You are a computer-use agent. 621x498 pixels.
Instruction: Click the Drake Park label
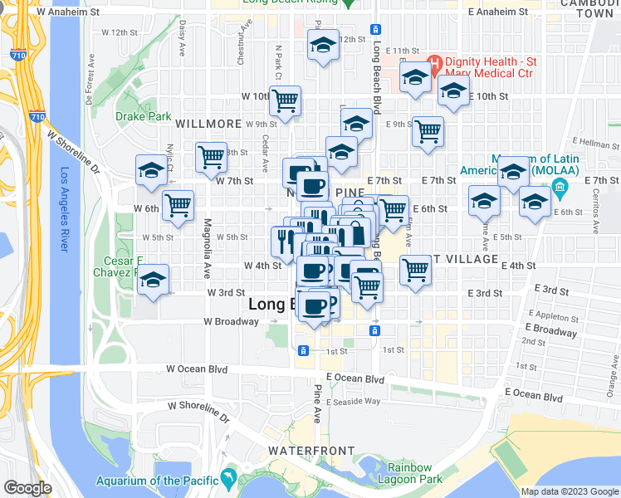click(144, 117)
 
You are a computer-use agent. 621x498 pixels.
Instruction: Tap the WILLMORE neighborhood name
click(208, 124)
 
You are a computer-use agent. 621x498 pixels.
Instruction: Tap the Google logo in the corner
click(27, 488)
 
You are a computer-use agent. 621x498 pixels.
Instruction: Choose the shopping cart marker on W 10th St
click(284, 101)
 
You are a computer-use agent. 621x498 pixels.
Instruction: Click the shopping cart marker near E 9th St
click(428, 131)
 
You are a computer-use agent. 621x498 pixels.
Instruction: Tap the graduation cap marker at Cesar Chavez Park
click(153, 281)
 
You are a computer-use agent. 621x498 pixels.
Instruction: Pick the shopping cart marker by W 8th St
click(211, 154)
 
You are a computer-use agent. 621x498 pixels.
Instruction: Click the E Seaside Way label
click(353, 402)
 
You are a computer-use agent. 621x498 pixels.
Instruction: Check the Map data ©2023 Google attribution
click(570, 491)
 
